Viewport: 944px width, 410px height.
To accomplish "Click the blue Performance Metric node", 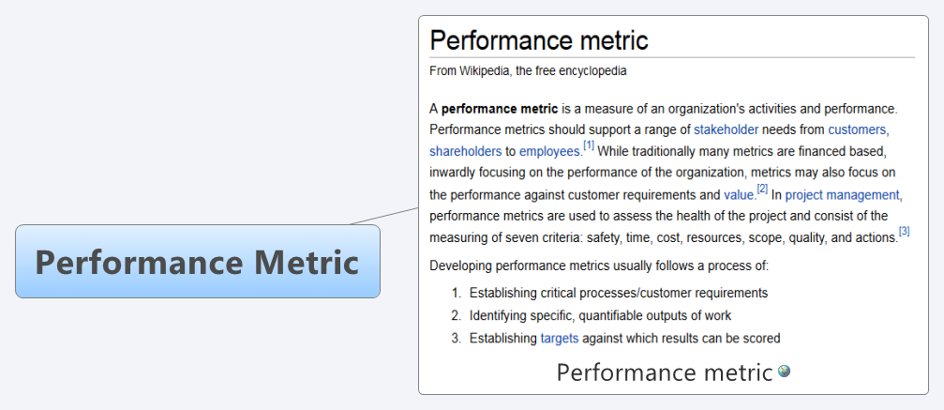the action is [x=198, y=261].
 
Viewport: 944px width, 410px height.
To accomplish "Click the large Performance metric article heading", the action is [x=539, y=40].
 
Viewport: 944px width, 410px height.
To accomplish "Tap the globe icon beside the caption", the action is [x=784, y=371].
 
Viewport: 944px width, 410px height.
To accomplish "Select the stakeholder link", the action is [x=727, y=129].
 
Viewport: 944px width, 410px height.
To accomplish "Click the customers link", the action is [x=857, y=129].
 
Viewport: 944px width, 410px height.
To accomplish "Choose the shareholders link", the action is [x=465, y=151].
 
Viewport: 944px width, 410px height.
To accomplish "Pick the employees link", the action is [x=549, y=151].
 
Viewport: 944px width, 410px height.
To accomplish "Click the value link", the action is [x=739, y=195].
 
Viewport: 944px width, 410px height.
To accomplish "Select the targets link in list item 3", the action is [x=560, y=339].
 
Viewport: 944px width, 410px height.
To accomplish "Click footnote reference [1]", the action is [x=588, y=145].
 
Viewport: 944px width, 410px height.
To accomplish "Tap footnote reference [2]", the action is [x=762, y=189].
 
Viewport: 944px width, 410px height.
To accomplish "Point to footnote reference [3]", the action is [x=904, y=232].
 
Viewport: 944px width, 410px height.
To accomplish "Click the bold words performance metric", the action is [x=500, y=109].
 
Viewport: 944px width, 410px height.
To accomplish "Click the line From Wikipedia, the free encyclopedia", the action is [x=528, y=71].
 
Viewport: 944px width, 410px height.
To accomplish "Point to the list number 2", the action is [x=456, y=315].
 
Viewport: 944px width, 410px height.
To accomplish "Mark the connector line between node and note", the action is [x=384, y=216].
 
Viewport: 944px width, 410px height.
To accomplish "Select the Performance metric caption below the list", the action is [x=664, y=372].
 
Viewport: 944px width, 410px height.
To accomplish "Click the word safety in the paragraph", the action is [x=605, y=237].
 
